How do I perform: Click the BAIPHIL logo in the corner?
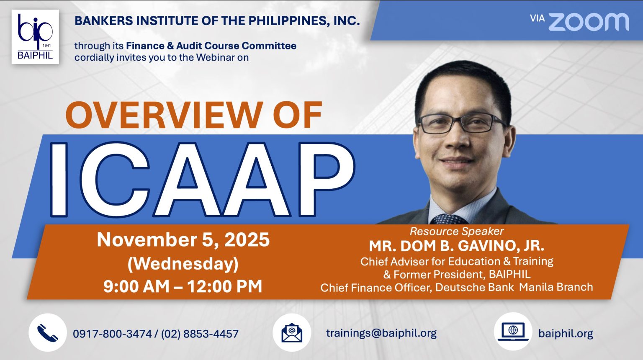[35, 37]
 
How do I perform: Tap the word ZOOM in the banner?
[588, 22]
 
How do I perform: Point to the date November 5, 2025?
[183, 240]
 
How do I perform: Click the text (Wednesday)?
[183, 264]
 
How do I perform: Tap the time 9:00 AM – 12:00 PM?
[183, 286]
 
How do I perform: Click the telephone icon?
[47, 332]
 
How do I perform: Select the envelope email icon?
[291, 332]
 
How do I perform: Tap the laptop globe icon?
[513, 332]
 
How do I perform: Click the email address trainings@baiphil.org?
[381, 333]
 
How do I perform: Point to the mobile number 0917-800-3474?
[112, 334]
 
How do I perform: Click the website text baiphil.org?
[566, 334]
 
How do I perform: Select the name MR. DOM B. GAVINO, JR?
[456, 246]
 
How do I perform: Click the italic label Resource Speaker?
[456, 231]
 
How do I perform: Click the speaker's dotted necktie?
[448, 219]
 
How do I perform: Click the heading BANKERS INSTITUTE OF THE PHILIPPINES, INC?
[217, 21]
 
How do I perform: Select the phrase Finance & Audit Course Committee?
[211, 46]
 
